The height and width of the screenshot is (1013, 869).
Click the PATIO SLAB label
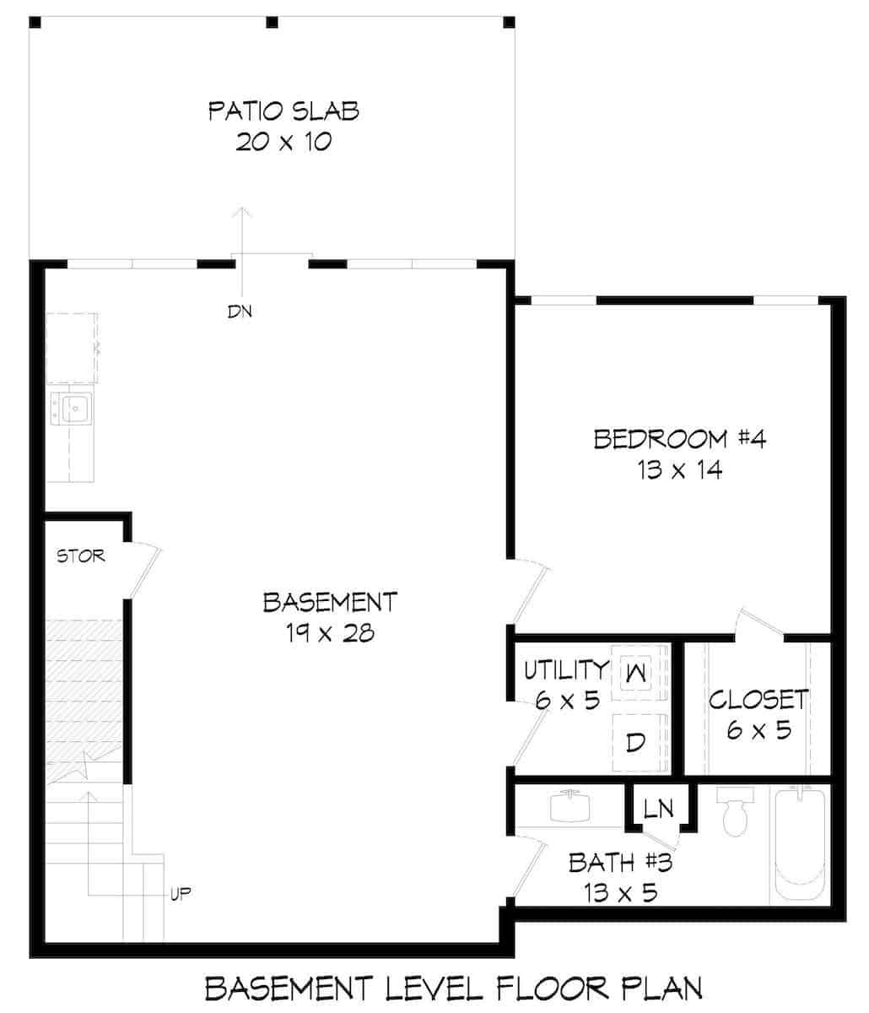(283, 111)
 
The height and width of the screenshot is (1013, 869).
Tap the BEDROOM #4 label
(679, 439)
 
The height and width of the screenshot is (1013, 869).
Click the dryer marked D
(636, 742)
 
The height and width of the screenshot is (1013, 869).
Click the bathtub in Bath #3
(798, 844)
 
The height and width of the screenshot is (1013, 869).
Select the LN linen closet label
(658, 809)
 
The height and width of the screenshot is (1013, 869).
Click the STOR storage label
(81, 555)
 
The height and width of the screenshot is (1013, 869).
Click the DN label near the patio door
(240, 311)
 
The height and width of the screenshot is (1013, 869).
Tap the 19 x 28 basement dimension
(329, 633)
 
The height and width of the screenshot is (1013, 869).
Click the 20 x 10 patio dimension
(283, 141)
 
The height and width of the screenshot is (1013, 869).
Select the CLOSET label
(758, 699)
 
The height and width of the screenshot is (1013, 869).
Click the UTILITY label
(566, 670)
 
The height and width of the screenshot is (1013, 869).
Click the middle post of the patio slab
(272, 22)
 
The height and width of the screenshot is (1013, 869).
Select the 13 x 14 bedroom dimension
(679, 470)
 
